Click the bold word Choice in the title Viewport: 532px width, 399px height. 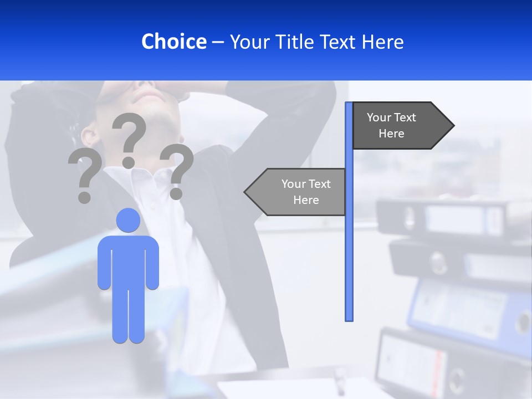[x=173, y=42]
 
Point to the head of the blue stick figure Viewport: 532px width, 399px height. [x=128, y=220]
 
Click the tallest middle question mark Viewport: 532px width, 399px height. [x=129, y=139]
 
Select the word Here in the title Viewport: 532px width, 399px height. [x=383, y=42]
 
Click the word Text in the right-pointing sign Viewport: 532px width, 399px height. [x=405, y=117]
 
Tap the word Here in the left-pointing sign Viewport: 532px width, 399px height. [x=306, y=200]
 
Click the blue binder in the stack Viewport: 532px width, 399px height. [x=471, y=310]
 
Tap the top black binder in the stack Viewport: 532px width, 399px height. [x=443, y=216]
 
